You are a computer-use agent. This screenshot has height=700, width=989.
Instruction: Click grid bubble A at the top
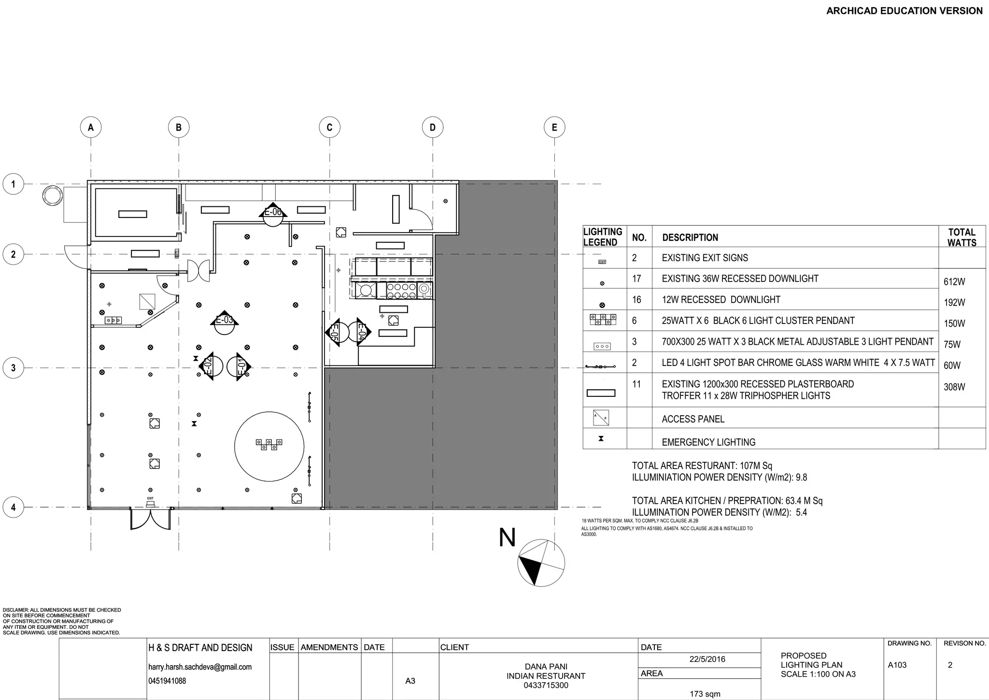91,128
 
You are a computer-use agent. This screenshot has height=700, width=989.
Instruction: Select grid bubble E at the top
554,128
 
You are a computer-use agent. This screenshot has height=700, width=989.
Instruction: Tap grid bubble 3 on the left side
13,368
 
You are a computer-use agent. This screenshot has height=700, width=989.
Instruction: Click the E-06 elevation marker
273,214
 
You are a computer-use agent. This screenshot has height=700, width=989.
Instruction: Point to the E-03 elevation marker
224,322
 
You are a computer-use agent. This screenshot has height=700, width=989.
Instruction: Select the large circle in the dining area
269,446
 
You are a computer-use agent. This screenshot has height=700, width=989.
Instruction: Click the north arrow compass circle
541,563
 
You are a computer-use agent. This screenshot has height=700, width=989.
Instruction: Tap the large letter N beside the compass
507,538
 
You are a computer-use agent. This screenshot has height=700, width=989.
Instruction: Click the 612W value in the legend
954,281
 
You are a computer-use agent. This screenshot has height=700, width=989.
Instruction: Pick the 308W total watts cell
954,387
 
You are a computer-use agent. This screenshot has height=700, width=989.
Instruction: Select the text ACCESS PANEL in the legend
692,419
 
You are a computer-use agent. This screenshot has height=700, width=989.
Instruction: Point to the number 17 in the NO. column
636,278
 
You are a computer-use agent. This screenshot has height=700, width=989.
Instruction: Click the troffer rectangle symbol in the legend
601,393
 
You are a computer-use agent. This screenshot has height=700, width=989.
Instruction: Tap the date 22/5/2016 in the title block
707,659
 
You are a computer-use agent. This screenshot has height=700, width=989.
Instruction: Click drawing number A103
897,665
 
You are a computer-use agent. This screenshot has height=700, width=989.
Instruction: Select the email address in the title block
200,667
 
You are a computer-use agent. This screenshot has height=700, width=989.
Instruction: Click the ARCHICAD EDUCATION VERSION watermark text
904,11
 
